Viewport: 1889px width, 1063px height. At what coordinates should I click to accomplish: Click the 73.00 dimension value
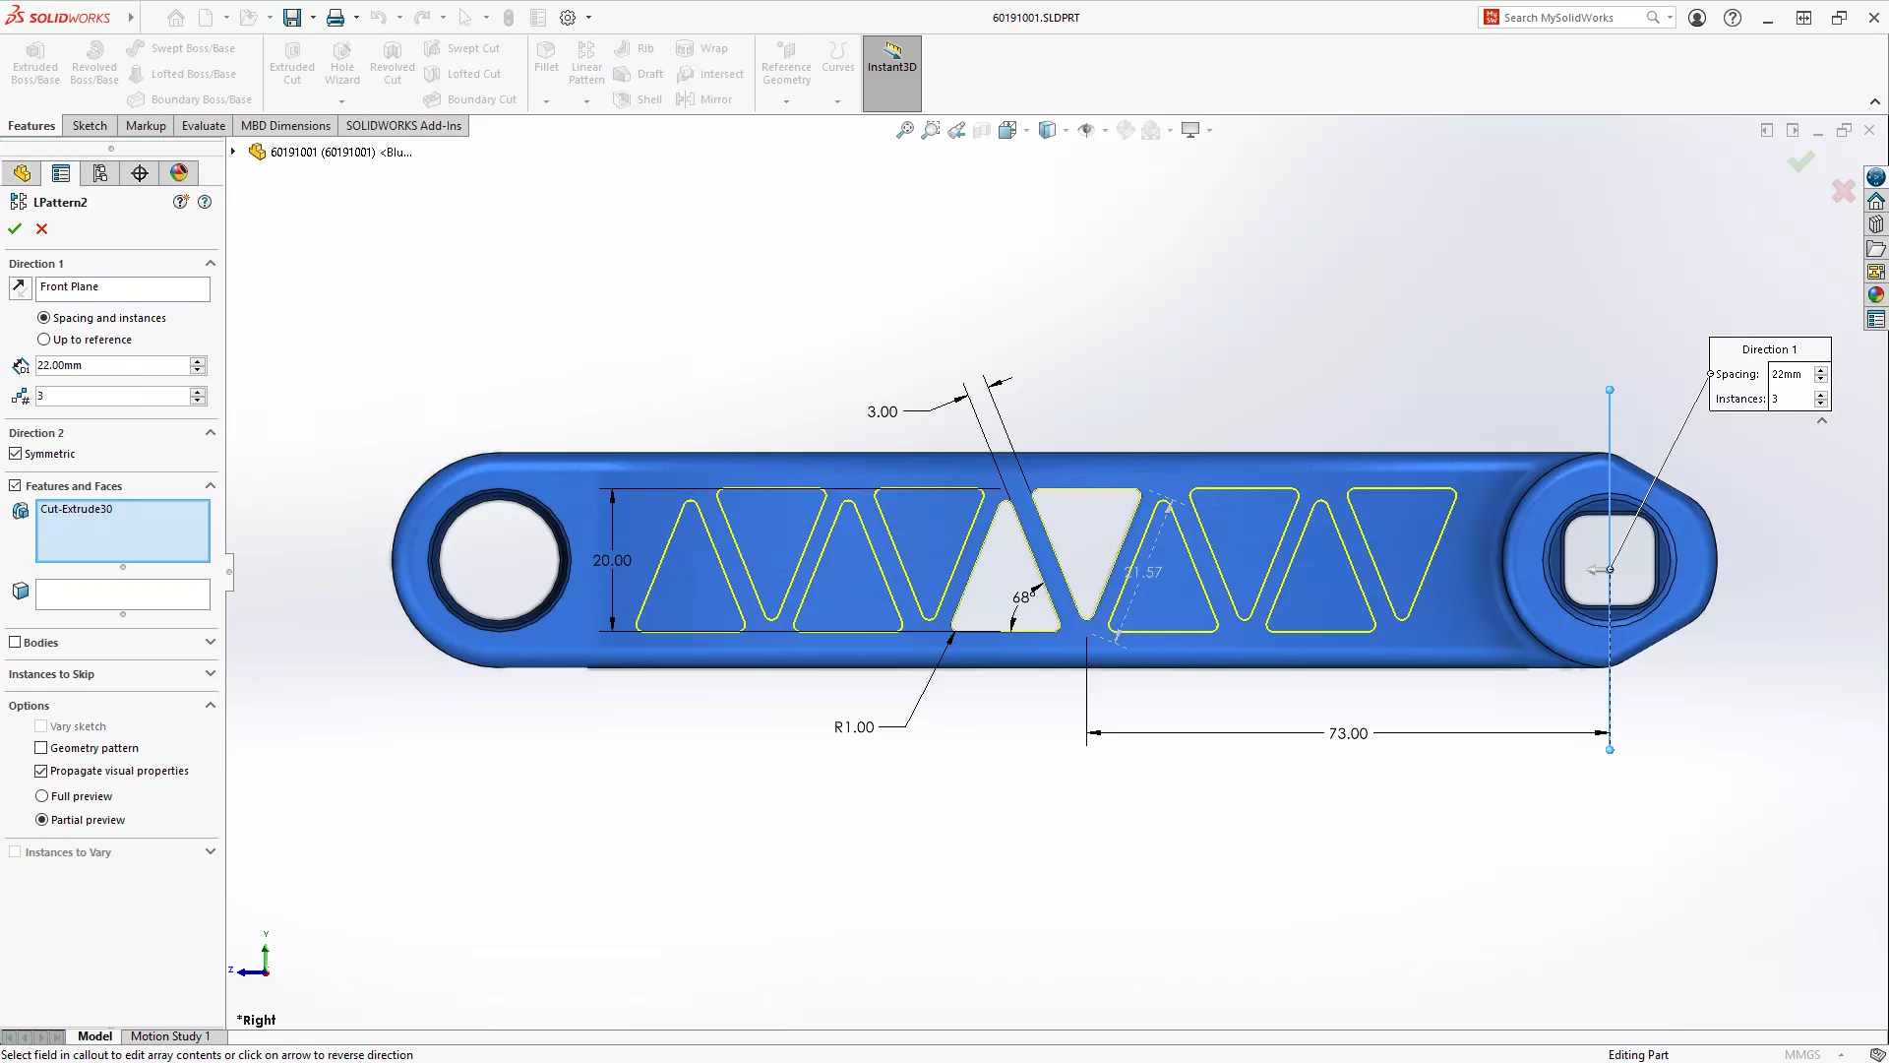tap(1347, 733)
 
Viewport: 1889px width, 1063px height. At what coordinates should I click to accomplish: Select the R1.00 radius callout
tap(853, 727)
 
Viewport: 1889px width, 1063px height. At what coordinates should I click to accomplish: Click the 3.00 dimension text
tap(882, 412)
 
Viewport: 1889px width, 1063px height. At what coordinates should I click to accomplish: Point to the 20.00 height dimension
tap(611, 560)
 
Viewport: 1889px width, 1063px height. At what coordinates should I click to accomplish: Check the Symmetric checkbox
tap(16, 454)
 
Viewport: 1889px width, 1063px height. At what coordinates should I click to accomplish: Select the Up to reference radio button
tap(43, 340)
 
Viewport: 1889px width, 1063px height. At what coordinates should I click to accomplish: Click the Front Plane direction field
tap(122, 287)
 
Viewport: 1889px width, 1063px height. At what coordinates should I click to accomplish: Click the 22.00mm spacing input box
tap(110, 365)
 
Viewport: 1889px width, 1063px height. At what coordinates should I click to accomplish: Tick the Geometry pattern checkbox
tap(41, 748)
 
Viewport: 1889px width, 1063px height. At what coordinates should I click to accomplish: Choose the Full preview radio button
tap(42, 796)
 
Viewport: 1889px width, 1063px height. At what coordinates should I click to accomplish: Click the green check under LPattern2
tap(15, 228)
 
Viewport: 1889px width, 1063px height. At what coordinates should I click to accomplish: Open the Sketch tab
tap(90, 125)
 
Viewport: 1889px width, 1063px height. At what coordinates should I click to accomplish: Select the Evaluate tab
tap(203, 125)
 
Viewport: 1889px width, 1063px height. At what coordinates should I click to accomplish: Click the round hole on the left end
tap(499, 560)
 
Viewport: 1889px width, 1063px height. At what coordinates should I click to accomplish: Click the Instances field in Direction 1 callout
tap(1791, 399)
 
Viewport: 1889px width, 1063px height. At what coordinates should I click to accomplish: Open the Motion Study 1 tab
tap(170, 1036)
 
